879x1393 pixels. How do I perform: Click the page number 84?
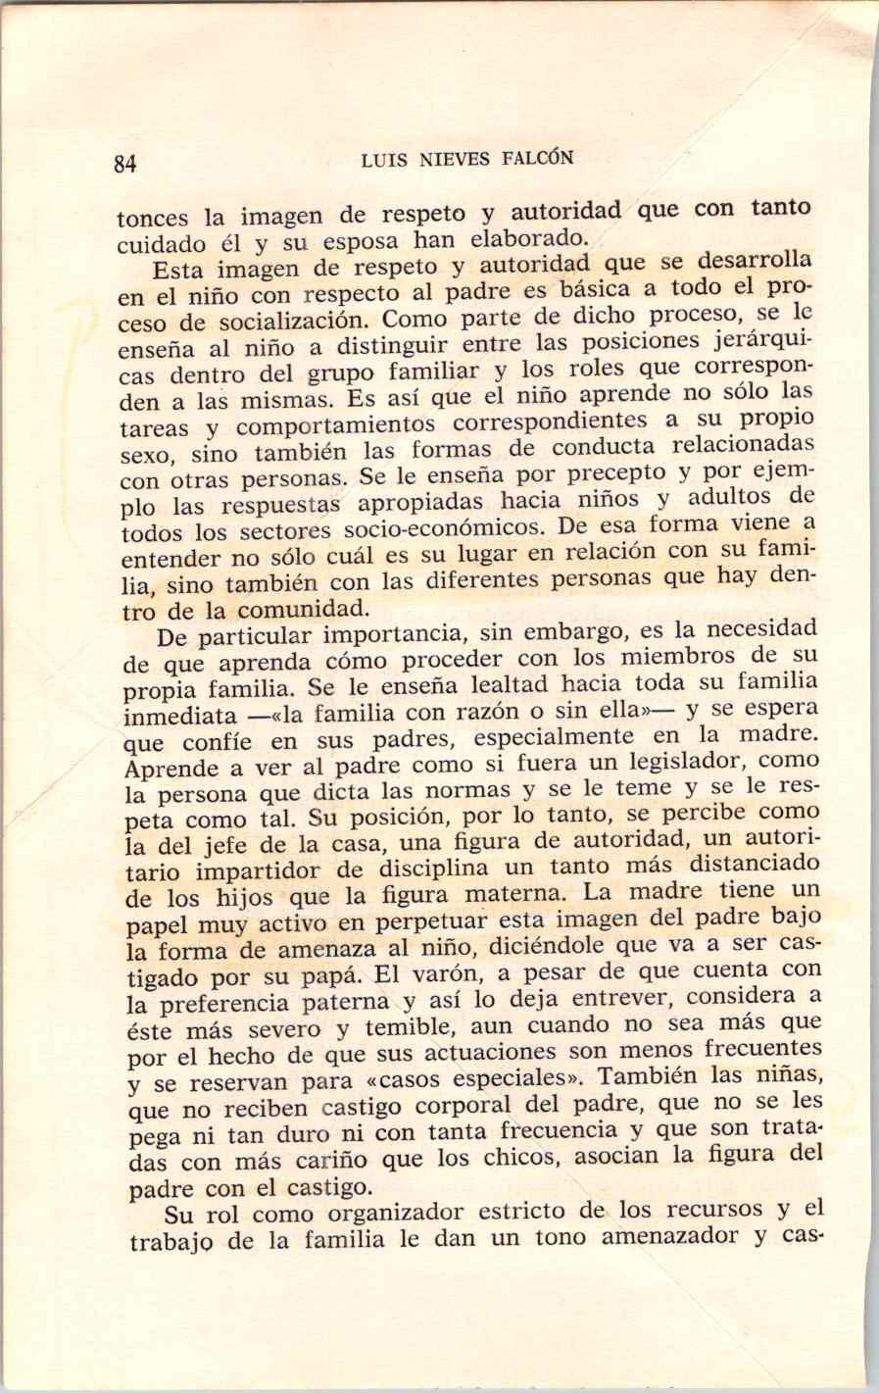coord(124,164)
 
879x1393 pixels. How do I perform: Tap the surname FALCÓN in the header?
coord(539,158)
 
